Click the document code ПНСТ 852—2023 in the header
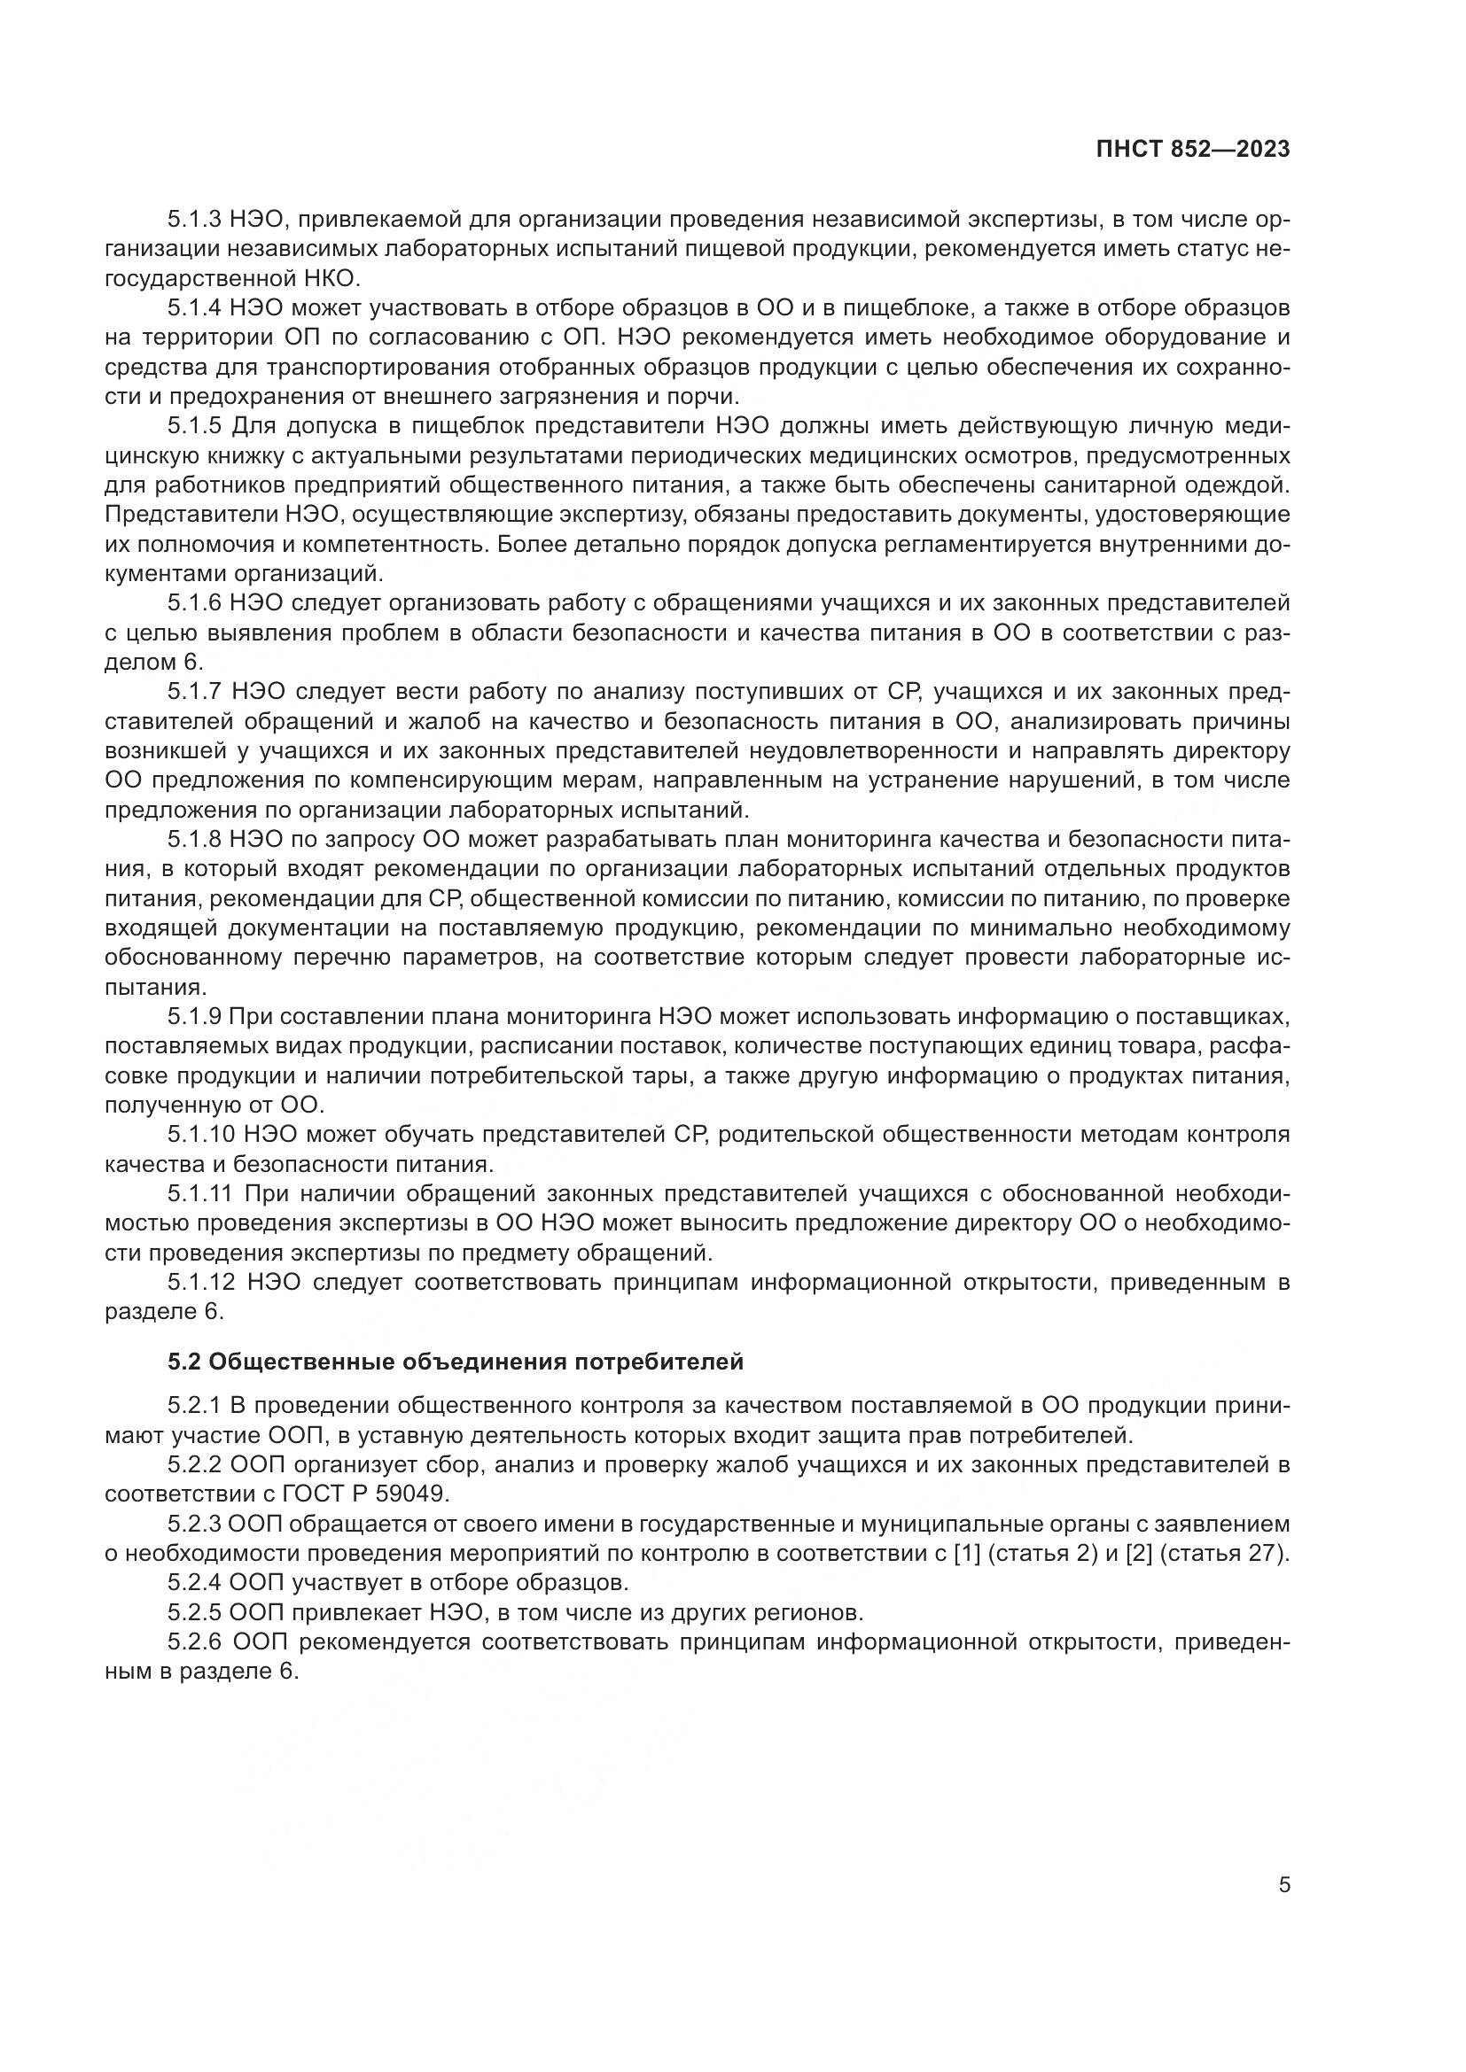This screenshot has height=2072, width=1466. pyautogui.click(x=1192, y=150)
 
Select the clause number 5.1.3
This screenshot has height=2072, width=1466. pyautogui.click(x=194, y=220)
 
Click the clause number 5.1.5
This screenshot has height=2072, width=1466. pyautogui.click(x=194, y=425)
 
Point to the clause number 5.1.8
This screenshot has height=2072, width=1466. pyautogui.click(x=194, y=839)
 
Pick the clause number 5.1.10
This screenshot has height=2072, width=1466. pyautogui.click(x=199, y=1135)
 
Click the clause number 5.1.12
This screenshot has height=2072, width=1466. pyautogui.click(x=199, y=1283)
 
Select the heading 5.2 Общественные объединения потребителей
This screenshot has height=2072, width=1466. pyautogui.click(x=455, y=1362)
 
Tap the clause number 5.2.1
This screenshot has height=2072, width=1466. pyautogui.click(x=194, y=1405)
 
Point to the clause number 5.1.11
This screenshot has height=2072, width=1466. pyautogui.click(x=199, y=1194)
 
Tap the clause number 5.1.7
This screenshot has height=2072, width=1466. pyautogui.click(x=194, y=691)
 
